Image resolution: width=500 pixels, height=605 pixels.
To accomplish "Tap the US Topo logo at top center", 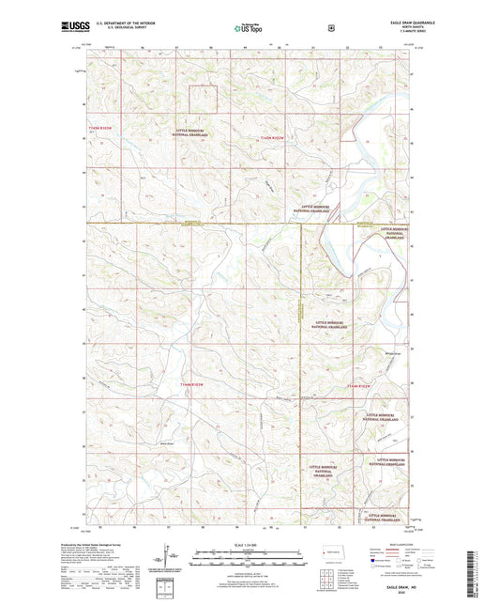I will [x=249, y=28].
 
